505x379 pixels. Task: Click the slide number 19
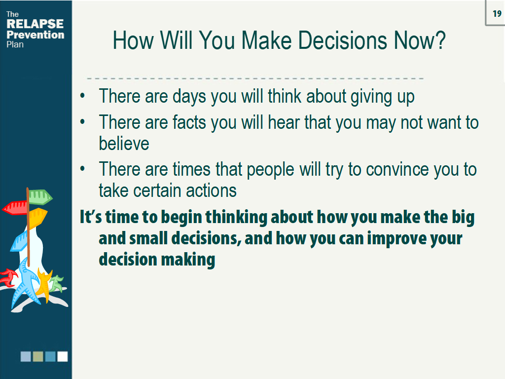click(x=496, y=14)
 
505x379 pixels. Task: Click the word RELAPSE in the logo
click(x=35, y=24)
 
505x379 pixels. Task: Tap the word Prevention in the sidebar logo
click(x=36, y=35)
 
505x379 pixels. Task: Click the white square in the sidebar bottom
click(x=63, y=356)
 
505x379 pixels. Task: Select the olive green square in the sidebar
click(x=38, y=356)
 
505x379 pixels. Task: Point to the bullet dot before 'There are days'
click(x=84, y=96)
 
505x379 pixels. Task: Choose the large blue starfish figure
click(x=25, y=286)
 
